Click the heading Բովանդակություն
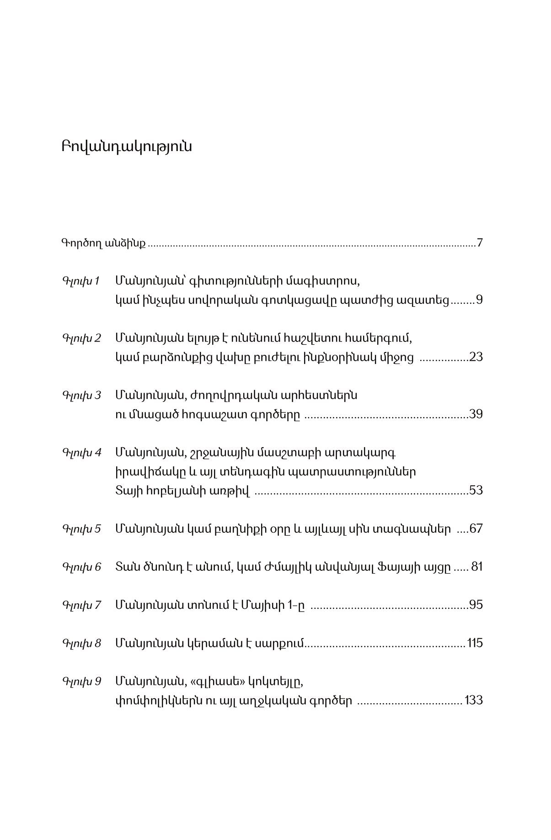click(x=126, y=147)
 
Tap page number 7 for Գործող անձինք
click(x=479, y=243)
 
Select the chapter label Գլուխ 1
click(x=81, y=281)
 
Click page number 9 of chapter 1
click(x=479, y=300)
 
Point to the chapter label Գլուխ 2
click(x=81, y=338)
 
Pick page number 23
click(x=476, y=357)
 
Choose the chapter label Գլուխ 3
click(x=81, y=395)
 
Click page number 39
click(x=476, y=414)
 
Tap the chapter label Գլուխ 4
click(x=81, y=453)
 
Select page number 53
click(x=476, y=491)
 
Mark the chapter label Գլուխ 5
click(x=81, y=529)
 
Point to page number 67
click(x=476, y=529)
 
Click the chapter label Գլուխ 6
click(x=81, y=567)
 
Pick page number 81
click(x=477, y=567)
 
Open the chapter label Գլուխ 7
click(x=81, y=605)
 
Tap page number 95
click(x=476, y=605)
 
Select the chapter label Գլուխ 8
click(x=81, y=643)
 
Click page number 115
click(x=475, y=643)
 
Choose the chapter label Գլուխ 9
click(x=81, y=681)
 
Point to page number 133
click(x=474, y=700)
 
